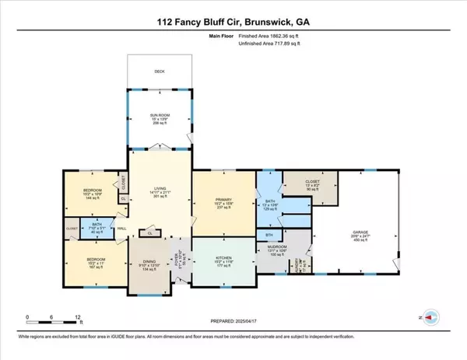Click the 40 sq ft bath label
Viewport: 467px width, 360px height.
(96, 228)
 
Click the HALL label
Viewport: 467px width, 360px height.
(122, 228)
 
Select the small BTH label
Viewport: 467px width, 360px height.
(269, 234)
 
